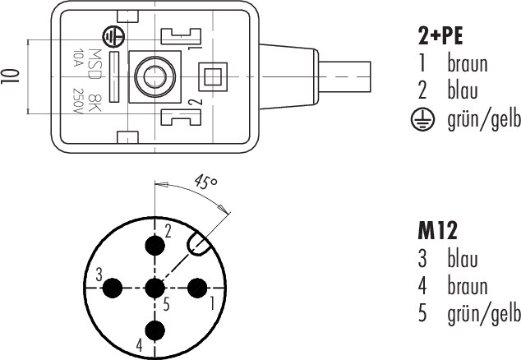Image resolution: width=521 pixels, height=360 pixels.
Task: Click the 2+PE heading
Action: tap(440, 35)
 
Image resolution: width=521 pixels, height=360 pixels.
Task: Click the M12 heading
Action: tap(437, 231)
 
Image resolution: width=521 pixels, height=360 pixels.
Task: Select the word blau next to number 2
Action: tap(463, 90)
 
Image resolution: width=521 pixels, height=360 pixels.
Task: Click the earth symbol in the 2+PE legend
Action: tap(422, 119)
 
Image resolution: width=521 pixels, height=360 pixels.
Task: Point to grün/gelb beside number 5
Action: tap(484, 314)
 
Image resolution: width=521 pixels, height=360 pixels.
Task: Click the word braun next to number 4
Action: tap(468, 285)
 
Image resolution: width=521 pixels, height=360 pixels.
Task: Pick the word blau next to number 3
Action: tap(463, 258)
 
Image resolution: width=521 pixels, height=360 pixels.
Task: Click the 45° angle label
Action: tap(206, 181)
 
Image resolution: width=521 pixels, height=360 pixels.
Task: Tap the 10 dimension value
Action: tap(10, 76)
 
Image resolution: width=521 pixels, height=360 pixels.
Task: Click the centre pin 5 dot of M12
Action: tap(154, 288)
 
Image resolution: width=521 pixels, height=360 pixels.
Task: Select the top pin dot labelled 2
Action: tap(154, 245)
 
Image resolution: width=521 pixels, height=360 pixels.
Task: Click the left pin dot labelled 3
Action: tap(113, 288)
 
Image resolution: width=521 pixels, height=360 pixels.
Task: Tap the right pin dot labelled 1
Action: tap(197, 288)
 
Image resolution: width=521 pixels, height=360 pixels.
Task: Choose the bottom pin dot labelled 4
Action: tap(154, 330)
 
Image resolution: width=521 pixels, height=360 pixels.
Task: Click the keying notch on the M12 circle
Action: tap(198, 244)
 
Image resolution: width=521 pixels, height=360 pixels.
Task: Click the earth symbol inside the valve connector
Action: tap(114, 36)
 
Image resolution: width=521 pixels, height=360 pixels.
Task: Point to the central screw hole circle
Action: tap(154, 76)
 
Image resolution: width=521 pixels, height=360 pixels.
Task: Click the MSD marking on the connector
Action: tap(95, 64)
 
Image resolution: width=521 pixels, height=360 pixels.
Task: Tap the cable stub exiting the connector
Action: tap(344, 76)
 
